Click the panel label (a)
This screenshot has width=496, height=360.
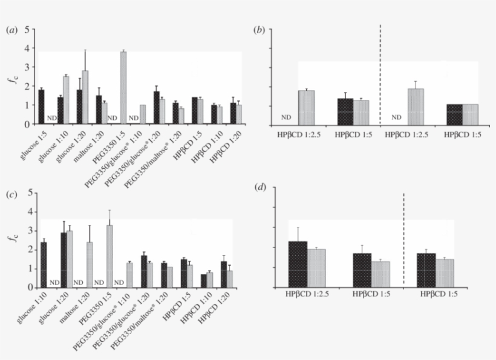[x=11, y=29]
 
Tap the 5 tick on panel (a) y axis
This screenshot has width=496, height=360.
[x=27, y=29]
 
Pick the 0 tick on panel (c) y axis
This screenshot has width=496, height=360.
[x=27, y=287]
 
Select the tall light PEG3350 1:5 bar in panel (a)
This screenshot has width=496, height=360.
[x=123, y=88]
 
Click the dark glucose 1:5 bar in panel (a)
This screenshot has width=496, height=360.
[x=41, y=106]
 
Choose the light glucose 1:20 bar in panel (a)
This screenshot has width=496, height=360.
[x=85, y=97]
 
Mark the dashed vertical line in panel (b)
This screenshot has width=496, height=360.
[x=380, y=73]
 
